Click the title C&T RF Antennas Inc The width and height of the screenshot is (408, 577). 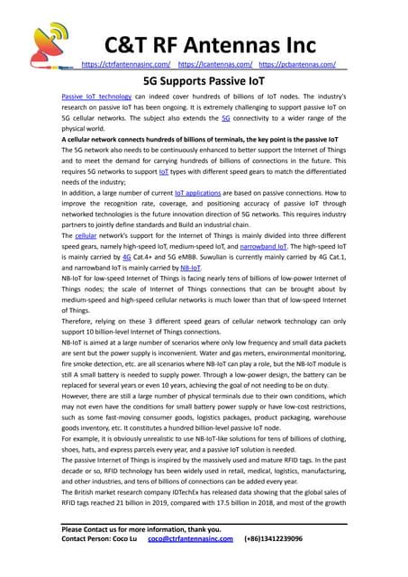tap(211, 44)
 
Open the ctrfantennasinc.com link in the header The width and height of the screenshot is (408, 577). tap(126, 66)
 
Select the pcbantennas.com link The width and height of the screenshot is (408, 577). tap(298, 66)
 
